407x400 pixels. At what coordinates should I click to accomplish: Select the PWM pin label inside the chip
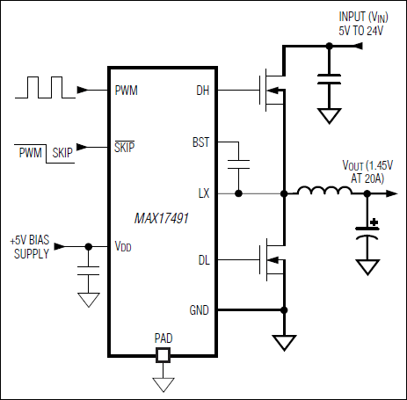coord(126,90)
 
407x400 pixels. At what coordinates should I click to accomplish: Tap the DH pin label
coord(201,90)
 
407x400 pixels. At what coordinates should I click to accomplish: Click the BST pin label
coord(200,141)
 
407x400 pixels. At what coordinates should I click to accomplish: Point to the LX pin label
coord(203,192)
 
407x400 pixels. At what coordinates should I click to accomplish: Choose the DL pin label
coord(202,258)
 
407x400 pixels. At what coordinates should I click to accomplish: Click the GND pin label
coord(200,309)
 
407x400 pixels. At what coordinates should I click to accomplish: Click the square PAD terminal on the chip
coord(162,356)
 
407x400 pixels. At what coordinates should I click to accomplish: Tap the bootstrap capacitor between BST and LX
coord(236,164)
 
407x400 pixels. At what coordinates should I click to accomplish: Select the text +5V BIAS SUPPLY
coord(30,246)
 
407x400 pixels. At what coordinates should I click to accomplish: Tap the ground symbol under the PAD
coord(162,384)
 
